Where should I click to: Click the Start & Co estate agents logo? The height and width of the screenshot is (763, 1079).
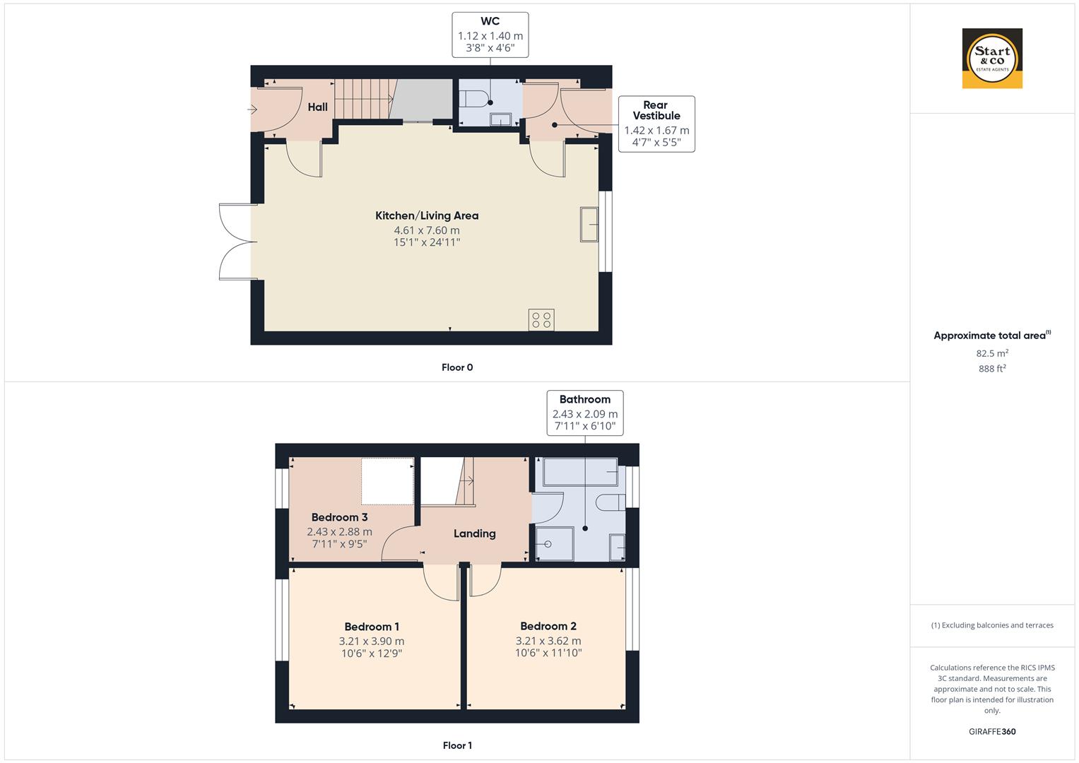pyautogui.click(x=992, y=59)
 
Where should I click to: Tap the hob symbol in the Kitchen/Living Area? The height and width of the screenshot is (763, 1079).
pyautogui.click(x=541, y=319)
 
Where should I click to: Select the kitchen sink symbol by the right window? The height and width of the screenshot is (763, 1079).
pyautogui.click(x=589, y=225)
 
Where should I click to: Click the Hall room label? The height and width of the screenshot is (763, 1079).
pyautogui.click(x=317, y=107)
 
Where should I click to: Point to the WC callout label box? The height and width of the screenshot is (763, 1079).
pyautogui.click(x=490, y=35)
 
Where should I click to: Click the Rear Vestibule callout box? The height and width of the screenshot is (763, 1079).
pyautogui.click(x=656, y=124)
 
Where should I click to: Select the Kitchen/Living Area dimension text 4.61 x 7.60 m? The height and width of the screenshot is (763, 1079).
pyautogui.click(x=427, y=230)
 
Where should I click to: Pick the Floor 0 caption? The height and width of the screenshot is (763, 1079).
pyautogui.click(x=457, y=367)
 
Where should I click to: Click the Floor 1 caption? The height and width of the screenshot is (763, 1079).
pyautogui.click(x=457, y=745)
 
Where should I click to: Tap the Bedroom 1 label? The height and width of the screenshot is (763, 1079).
pyautogui.click(x=372, y=627)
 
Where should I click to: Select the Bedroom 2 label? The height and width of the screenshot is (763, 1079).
pyautogui.click(x=548, y=626)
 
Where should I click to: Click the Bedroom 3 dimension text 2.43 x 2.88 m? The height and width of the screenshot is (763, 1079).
pyautogui.click(x=339, y=532)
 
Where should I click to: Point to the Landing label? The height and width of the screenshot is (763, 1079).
pyautogui.click(x=474, y=533)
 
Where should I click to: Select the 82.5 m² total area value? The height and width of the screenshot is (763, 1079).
pyautogui.click(x=992, y=353)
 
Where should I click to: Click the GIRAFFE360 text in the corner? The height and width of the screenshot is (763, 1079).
pyautogui.click(x=992, y=731)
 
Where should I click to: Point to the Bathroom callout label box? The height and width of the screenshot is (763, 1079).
pyautogui.click(x=585, y=413)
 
